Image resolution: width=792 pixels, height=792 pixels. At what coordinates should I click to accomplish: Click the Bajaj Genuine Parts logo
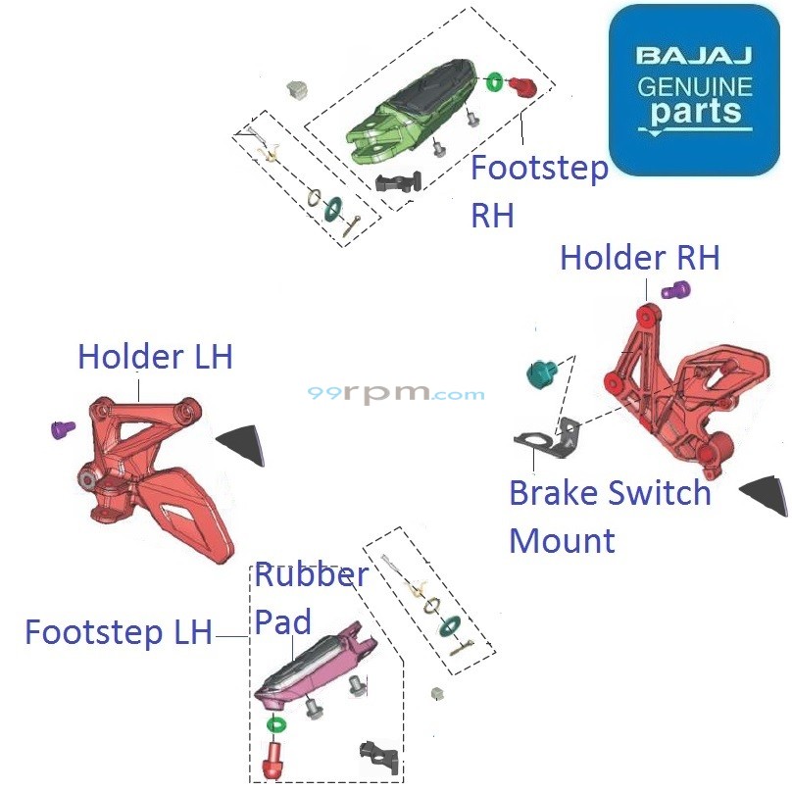[x=693, y=89]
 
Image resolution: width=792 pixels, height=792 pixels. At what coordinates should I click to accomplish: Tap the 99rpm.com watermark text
[x=396, y=394]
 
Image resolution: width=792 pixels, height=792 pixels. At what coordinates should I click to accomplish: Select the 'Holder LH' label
[x=155, y=357]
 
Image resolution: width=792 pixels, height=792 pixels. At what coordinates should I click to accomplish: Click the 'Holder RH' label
[x=639, y=258]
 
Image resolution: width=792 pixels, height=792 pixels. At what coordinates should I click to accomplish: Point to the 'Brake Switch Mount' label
[x=609, y=516]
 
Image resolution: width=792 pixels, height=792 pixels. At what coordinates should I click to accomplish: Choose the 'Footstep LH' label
[x=118, y=632]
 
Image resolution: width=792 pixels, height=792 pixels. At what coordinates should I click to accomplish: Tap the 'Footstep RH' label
[x=538, y=190]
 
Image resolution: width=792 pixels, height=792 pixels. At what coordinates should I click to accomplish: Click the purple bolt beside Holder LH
[x=63, y=428]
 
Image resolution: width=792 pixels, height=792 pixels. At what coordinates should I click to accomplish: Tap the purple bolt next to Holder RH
[x=675, y=290]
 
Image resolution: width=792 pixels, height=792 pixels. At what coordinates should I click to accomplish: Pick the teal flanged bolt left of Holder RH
[x=541, y=373]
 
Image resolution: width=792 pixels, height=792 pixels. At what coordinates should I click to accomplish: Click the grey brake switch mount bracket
[x=545, y=442]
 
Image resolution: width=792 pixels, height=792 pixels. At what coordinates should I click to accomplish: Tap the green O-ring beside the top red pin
[x=494, y=80]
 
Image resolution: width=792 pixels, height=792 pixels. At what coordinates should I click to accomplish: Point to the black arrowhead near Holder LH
[x=241, y=444]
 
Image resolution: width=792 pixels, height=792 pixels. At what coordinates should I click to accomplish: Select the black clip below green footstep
[x=399, y=182]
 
